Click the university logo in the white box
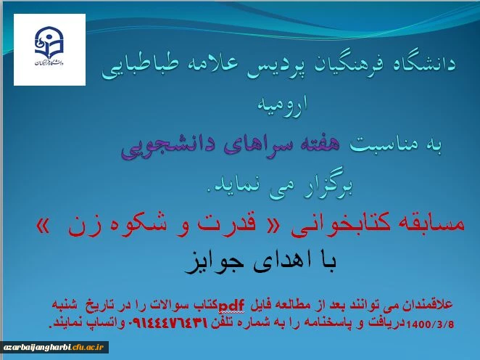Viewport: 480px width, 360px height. click(49, 49)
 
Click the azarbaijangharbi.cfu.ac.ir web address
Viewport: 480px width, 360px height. click(54, 347)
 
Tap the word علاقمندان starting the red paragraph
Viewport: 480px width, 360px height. click(428, 302)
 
